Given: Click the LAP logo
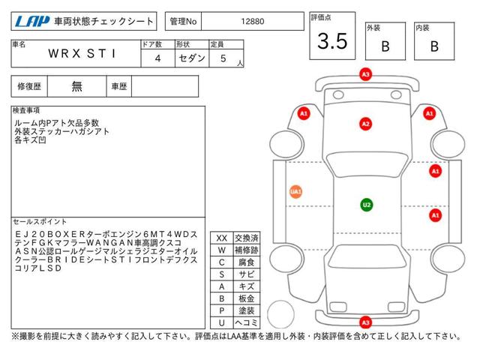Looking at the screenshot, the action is point(31,22).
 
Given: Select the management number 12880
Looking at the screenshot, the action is point(252,22).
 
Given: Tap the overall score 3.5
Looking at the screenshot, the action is point(332,41).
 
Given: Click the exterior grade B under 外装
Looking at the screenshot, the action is point(385,46).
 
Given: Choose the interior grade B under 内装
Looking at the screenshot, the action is point(434,46).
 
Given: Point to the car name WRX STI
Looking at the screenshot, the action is point(82,53).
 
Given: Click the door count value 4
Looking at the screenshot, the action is point(157,58).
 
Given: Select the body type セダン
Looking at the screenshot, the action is point(192,58).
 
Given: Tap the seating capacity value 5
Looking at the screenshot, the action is point(223,58).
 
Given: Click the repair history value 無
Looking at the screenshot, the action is point(76,86).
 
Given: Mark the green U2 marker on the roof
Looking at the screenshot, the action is point(367,205).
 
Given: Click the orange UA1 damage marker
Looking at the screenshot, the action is point(295,192).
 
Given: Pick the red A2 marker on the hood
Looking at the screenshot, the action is point(365,124).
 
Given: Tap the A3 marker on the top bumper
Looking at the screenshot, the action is point(365,74).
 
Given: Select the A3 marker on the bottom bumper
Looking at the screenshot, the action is point(365,322).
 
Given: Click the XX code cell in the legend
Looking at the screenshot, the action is point(222,238).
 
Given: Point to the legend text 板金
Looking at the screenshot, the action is point(247,298).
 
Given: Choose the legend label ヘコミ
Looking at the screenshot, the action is point(247,322).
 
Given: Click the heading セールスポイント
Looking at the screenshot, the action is point(40,222).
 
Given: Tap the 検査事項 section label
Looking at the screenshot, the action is point(26,110).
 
